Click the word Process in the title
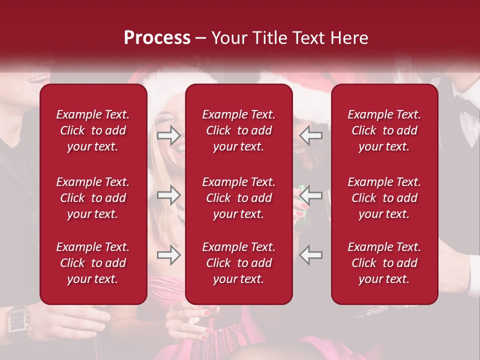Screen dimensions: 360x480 (157, 38)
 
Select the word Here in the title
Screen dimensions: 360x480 (349, 38)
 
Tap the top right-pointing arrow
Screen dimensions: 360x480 (168, 134)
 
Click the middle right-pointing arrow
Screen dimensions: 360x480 (168, 195)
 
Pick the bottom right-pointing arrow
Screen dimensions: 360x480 (168, 255)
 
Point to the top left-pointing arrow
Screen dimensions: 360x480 (310, 135)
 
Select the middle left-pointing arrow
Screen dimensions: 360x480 (310, 195)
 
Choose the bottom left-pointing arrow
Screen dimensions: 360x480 (310, 255)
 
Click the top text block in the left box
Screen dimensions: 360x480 (93, 130)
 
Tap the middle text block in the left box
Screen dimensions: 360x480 (93, 198)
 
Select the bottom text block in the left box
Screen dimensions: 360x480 (93, 263)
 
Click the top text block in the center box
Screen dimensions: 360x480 (238, 130)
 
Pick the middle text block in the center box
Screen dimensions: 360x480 (238, 198)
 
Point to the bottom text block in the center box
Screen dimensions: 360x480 (238, 263)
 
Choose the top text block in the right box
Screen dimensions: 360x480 (384, 130)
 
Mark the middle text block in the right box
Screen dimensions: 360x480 (384, 198)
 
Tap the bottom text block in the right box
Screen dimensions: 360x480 (384, 263)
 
